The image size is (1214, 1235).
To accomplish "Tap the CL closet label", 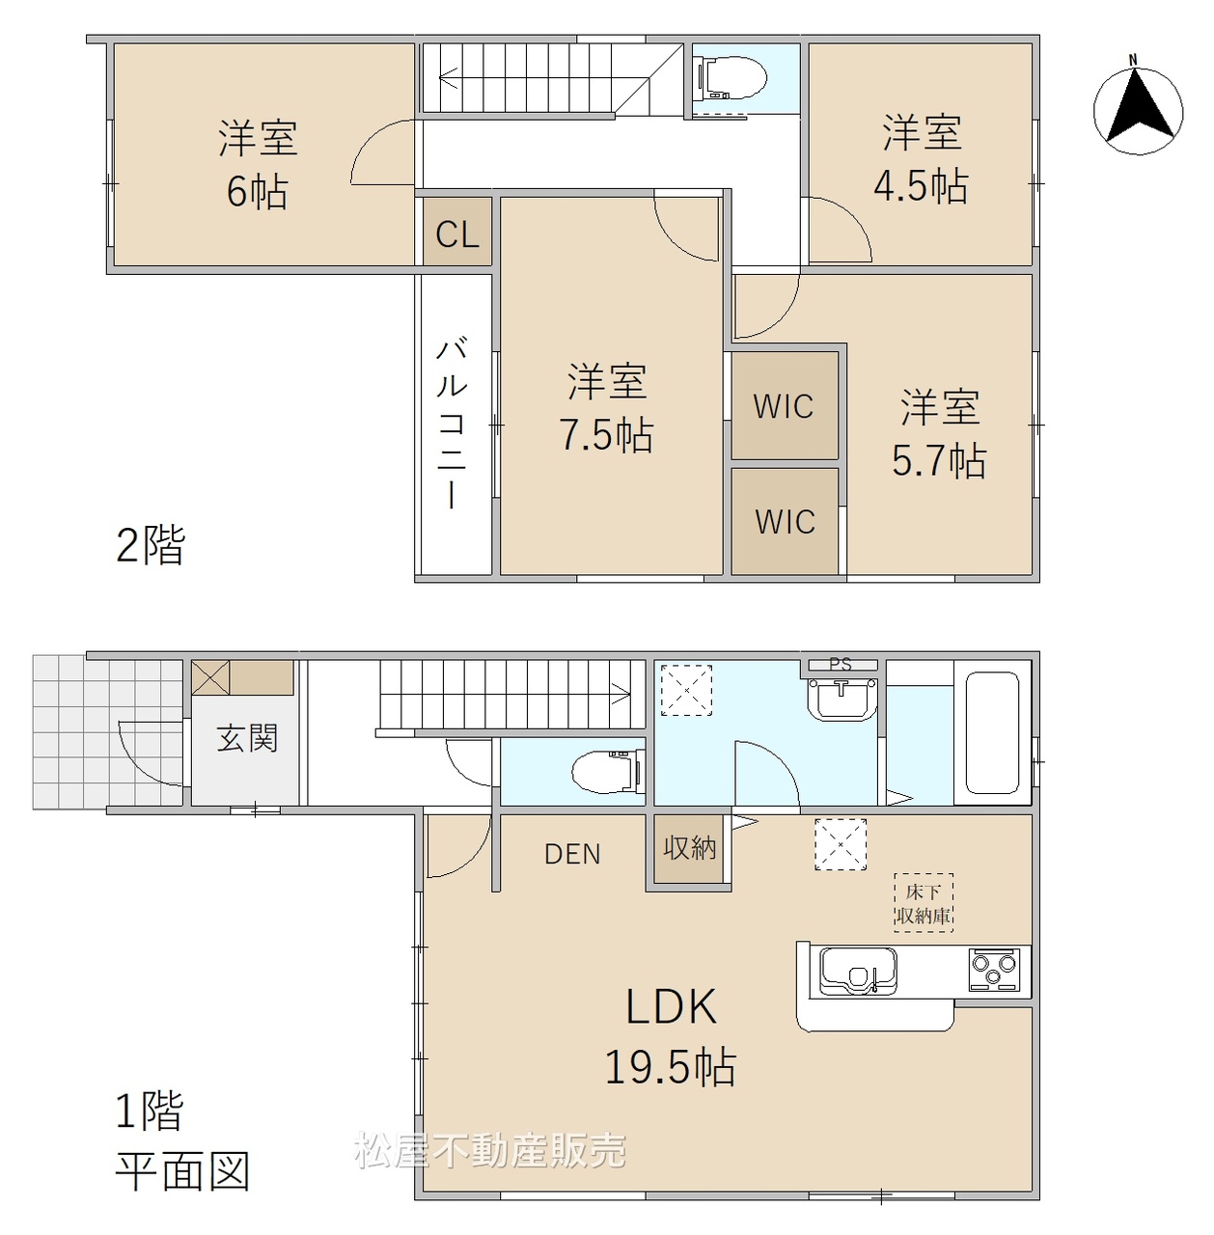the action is point(457,234).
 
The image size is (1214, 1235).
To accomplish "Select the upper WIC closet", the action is point(785,405).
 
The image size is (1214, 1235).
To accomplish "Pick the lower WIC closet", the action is point(785,521).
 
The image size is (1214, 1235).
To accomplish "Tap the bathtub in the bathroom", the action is point(991,732).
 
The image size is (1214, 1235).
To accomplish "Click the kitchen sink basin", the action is point(859,971).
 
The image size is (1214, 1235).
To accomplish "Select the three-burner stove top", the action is point(993,970).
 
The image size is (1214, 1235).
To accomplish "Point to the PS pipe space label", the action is point(841,664).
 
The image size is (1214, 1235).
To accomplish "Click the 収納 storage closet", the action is point(689,852).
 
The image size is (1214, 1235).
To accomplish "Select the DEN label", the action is point(572,854).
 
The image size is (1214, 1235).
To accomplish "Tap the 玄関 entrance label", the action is point(247,738).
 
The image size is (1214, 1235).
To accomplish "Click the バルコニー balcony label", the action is point(453,423).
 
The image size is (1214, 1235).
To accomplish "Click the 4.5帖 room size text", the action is point(921,186).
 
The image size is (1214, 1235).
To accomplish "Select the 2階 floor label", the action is point(151,545).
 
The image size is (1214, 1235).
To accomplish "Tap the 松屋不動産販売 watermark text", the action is point(489,1167).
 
